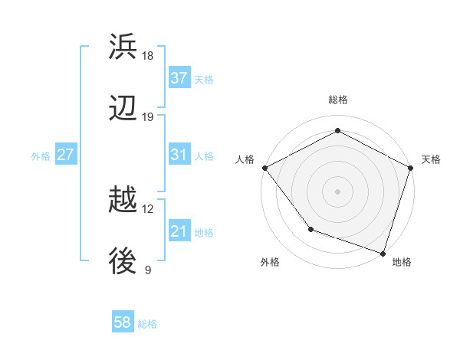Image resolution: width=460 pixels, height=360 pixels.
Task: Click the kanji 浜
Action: (123, 47)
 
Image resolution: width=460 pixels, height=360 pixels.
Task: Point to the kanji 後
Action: (123, 262)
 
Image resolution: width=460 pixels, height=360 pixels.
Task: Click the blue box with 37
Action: (179, 78)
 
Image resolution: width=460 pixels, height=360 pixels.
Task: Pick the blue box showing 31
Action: (179, 155)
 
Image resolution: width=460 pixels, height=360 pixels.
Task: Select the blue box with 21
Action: (179, 231)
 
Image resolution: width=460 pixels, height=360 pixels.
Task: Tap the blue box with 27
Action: (66, 155)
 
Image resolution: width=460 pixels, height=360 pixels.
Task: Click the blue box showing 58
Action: (123, 322)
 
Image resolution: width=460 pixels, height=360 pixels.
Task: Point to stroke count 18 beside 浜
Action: (148, 56)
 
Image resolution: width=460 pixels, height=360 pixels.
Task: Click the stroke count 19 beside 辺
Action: (148, 117)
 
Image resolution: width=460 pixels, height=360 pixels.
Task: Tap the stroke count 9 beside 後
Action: (148, 270)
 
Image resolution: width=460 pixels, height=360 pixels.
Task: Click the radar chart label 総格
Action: (337, 100)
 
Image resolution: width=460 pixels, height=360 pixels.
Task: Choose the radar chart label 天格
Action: (431, 159)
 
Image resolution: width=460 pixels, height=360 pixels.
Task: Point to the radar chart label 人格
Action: (245, 159)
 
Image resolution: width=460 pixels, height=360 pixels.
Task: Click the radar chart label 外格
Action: (270, 263)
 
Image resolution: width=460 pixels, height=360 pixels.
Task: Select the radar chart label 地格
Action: (402, 263)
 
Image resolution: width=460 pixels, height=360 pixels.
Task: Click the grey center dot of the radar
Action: (337, 191)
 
